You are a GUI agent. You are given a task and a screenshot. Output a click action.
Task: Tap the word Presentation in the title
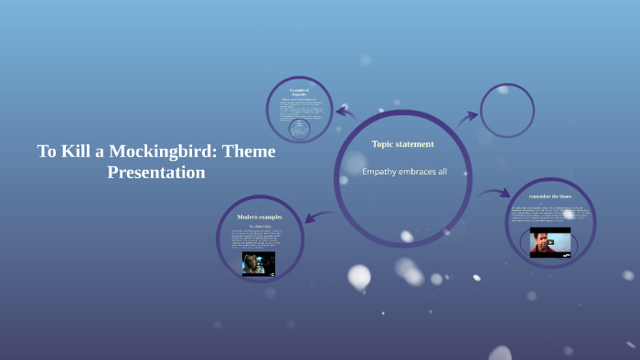coord(156,172)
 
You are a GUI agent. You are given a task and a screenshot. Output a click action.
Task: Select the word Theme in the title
coord(247,151)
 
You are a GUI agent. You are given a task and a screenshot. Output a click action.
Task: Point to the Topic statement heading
coord(402,144)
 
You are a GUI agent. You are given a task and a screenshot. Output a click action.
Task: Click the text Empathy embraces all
coord(404,172)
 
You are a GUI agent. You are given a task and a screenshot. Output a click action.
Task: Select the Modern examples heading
coord(260,217)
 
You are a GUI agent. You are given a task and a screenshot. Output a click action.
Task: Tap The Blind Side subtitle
coord(260,225)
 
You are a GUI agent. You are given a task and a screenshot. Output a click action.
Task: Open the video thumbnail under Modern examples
coord(259,263)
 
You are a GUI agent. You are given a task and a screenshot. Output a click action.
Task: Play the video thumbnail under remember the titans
coord(550,242)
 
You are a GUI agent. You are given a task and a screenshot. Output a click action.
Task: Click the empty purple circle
coord(507,111)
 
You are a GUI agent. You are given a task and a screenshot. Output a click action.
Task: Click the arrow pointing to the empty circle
coord(468,116)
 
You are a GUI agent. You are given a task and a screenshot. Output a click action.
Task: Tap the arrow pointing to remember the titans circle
coord(494,193)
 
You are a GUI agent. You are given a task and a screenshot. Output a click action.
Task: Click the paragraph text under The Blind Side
coord(260,238)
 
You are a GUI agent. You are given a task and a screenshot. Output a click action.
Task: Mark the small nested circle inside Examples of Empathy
coord(298,130)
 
